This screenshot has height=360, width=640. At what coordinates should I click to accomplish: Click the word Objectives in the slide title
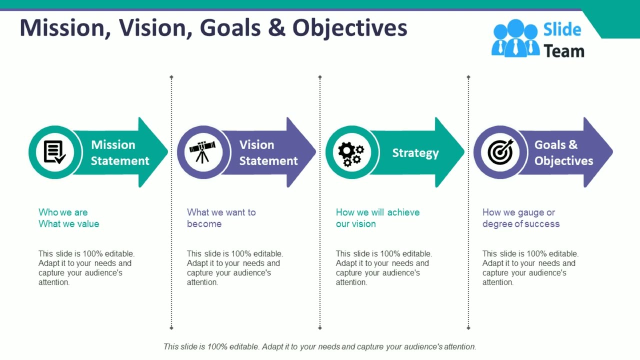349,28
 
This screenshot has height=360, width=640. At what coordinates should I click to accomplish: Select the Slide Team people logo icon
515,38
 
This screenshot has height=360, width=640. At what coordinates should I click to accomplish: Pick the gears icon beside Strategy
351,153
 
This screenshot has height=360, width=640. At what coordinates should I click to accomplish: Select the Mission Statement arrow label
120,152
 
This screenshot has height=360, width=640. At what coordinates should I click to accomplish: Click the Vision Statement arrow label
268,152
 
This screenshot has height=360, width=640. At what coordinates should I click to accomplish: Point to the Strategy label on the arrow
415,153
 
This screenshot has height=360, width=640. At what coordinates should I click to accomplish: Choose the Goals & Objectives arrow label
563,152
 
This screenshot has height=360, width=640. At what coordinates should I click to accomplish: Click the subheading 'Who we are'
63,212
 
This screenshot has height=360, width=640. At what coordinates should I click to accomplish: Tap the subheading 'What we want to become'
221,218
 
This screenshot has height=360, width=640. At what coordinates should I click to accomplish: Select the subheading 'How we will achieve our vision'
377,218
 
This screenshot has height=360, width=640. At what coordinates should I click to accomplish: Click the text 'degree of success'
520,224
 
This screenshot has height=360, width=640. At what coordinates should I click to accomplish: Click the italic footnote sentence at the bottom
320,346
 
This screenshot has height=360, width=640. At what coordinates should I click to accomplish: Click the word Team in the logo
563,51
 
